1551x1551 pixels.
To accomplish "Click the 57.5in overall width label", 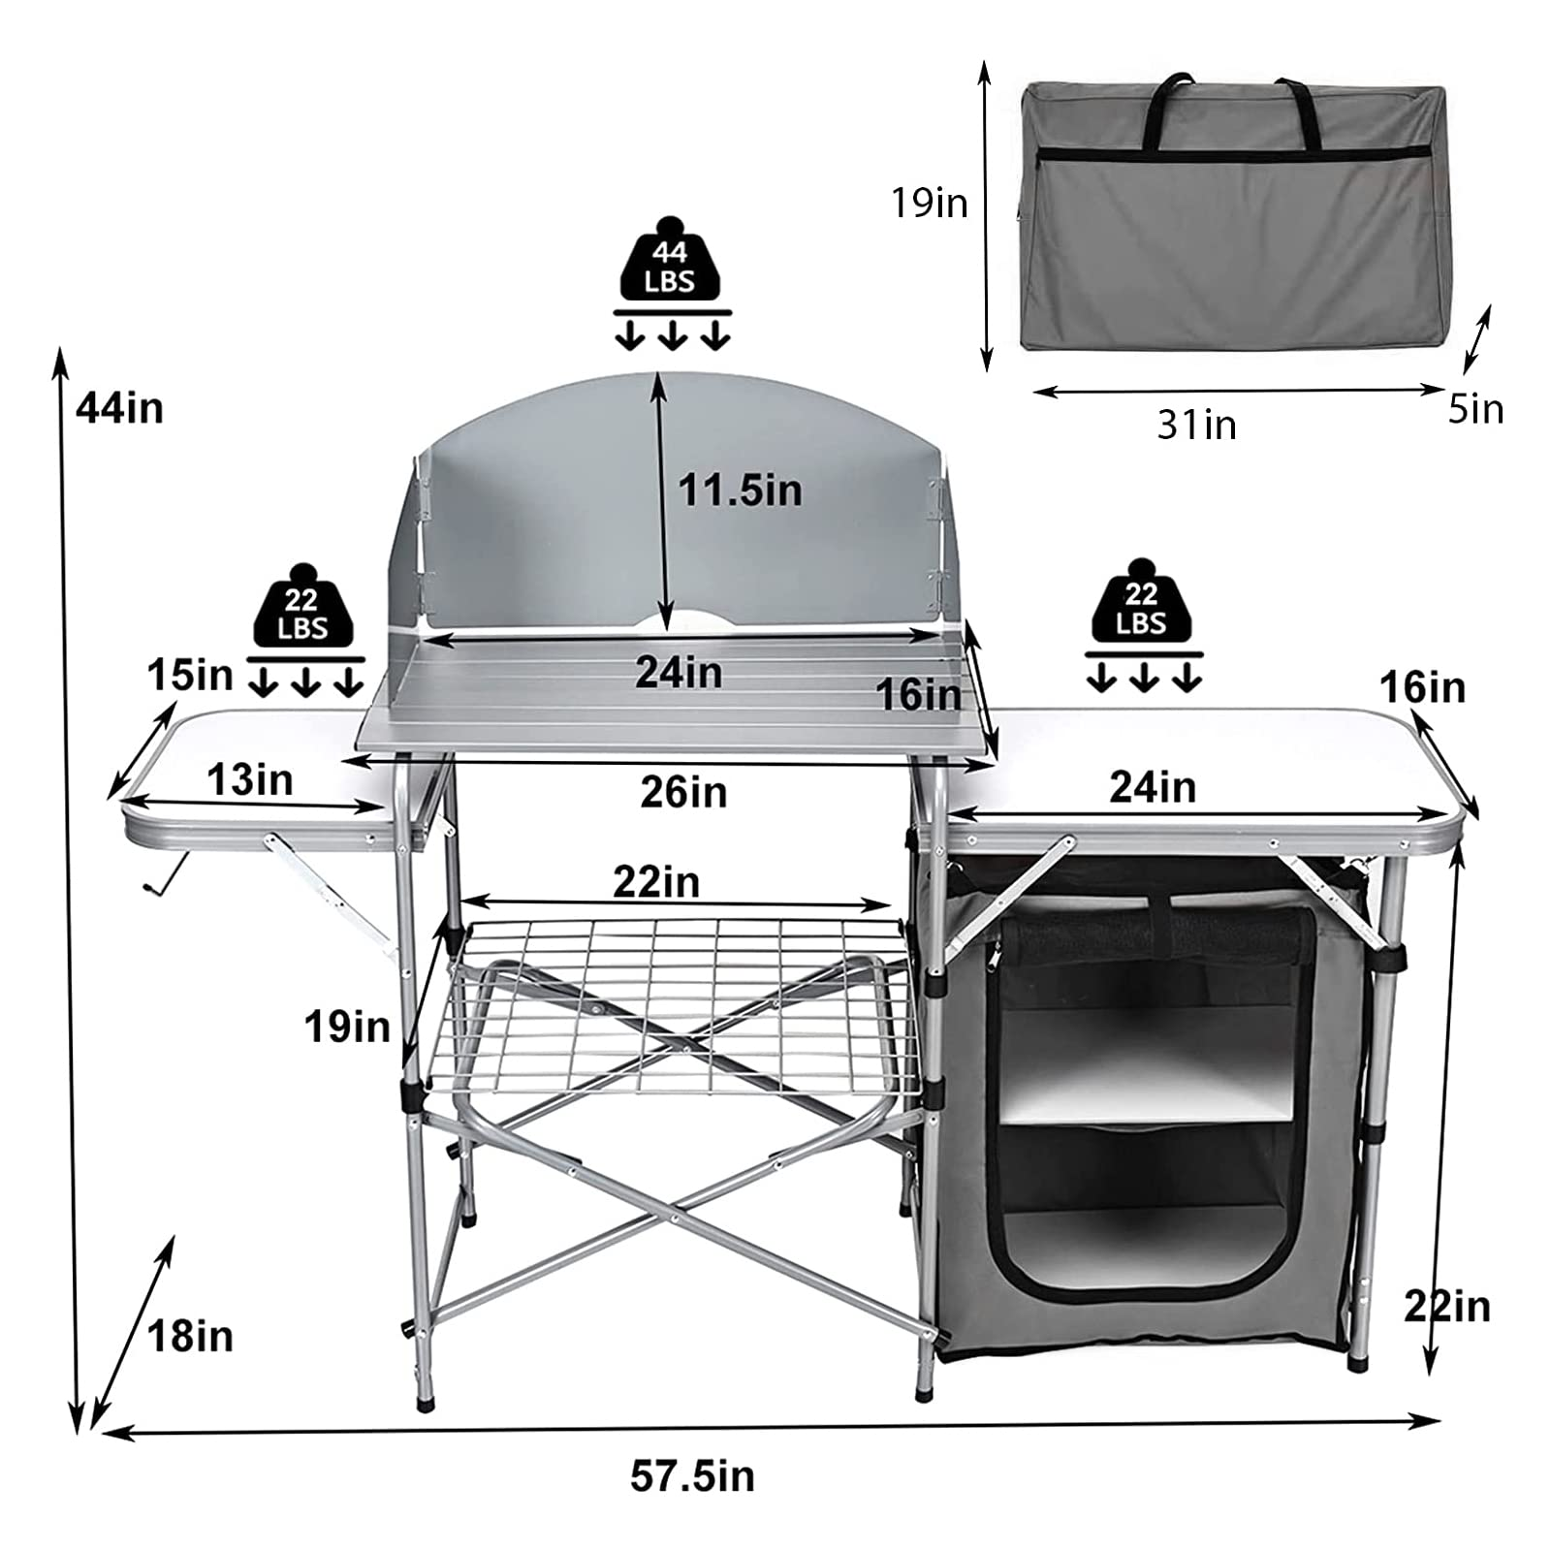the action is tap(692, 1476).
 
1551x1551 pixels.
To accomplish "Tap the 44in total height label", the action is tap(120, 408).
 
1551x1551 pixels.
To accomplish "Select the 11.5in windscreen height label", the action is tap(740, 490).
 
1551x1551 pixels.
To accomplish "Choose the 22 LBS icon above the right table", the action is tap(1141, 600).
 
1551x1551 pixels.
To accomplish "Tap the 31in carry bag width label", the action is tap(1197, 425).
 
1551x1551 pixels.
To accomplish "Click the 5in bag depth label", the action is tap(1475, 409).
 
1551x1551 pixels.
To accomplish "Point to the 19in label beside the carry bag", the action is tap(930, 203).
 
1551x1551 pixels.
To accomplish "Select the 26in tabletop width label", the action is tap(683, 792).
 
